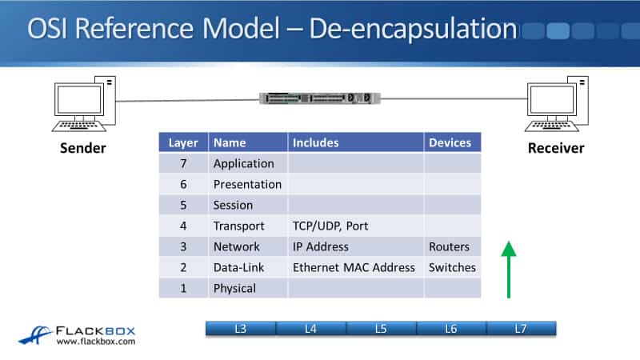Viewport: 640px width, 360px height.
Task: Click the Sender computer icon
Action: [84, 104]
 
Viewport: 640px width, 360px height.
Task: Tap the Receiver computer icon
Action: [557, 104]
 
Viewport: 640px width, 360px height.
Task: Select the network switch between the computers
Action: [320, 98]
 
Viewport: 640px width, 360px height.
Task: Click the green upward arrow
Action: [509, 270]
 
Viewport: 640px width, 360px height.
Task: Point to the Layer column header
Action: [183, 142]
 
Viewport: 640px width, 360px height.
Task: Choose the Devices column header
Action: [452, 142]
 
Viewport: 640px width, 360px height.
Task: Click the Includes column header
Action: [356, 142]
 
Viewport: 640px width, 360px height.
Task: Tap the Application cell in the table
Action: [244, 163]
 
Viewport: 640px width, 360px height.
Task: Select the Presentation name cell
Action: [247, 184]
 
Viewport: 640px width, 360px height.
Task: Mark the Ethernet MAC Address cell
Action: [354, 267]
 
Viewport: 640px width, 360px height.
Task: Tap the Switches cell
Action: [452, 267]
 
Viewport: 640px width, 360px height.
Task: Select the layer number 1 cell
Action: [183, 288]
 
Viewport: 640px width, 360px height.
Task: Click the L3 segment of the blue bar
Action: [241, 329]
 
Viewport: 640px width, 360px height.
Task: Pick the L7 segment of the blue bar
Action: [522, 329]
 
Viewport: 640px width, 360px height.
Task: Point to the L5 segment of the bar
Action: [382, 329]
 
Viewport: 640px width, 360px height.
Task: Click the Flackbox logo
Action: [77, 335]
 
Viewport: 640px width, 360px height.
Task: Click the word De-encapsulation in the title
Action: [413, 29]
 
